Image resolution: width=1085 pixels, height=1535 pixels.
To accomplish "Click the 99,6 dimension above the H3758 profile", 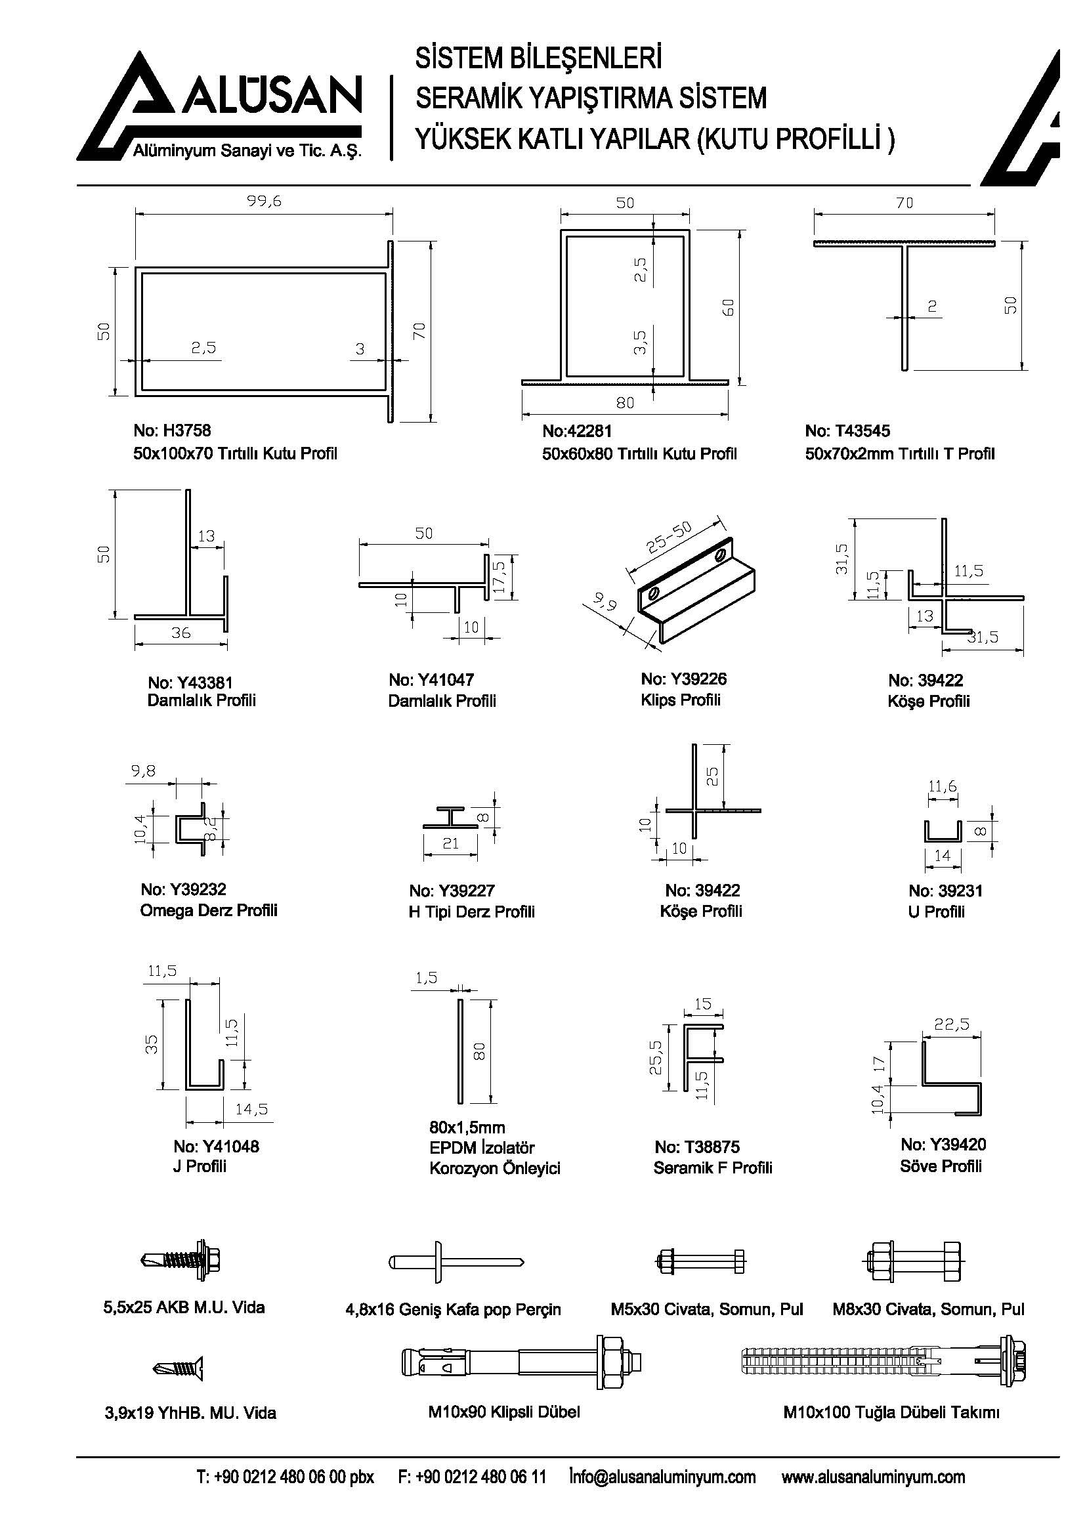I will click(x=265, y=201).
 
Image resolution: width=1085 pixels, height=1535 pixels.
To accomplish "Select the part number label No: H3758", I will click(x=172, y=431).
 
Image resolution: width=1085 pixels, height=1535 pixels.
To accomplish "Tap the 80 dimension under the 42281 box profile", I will click(x=624, y=403).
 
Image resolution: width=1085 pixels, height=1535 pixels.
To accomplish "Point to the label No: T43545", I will click(x=847, y=431).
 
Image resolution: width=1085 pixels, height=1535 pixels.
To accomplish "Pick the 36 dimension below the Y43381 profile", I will click(x=181, y=633).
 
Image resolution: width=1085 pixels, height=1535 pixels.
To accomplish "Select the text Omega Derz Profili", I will click(x=209, y=911).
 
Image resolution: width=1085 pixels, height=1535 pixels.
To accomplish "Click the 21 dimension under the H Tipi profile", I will click(x=450, y=844).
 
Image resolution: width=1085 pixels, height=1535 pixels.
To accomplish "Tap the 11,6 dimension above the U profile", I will click(x=942, y=787).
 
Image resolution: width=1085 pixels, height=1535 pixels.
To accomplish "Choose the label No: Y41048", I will click(x=216, y=1146).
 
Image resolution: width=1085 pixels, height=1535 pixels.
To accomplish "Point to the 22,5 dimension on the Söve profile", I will click(x=952, y=1024).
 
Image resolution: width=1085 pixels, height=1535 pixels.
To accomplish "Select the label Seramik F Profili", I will click(x=713, y=1168).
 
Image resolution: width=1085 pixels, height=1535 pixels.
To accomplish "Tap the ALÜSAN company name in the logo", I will click(x=269, y=97).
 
